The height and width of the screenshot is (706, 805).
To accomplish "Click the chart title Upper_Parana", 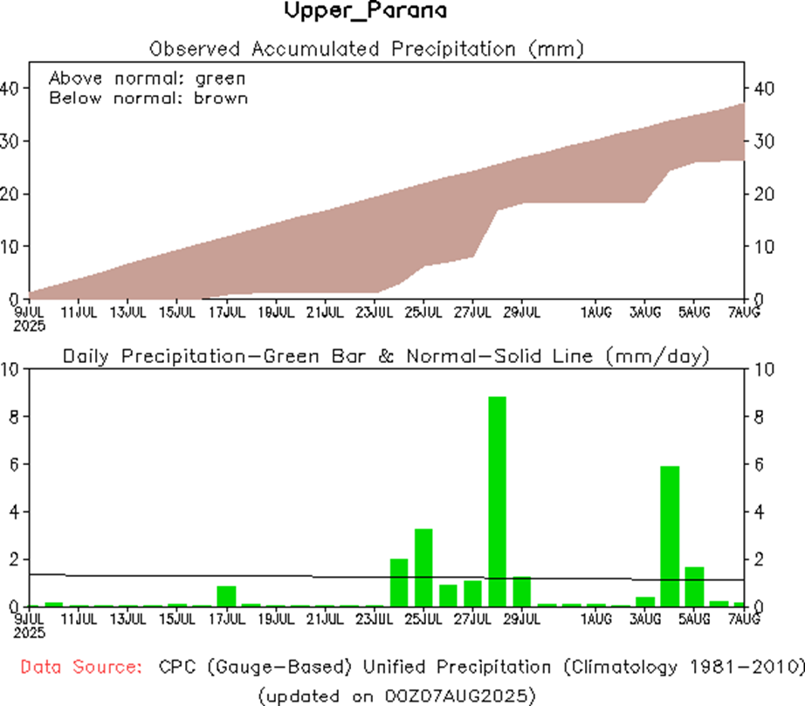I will [x=365, y=12].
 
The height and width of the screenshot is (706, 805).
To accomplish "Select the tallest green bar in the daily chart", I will [x=497, y=501].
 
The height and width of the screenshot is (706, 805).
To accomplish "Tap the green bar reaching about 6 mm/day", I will [x=670, y=536].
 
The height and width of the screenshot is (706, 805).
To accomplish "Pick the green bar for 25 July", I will [x=423, y=567].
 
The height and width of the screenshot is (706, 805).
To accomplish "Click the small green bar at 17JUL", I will [x=226, y=596].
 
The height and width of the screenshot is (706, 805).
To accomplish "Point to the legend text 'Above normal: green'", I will [x=147, y=78].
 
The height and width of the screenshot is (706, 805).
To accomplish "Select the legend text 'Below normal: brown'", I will [x=148, y=98].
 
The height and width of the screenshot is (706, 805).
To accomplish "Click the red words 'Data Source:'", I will [x=81, y=668].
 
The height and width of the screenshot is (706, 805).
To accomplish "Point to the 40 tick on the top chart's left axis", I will [x=10, y=88].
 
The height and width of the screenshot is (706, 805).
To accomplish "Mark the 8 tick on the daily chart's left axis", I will [x=11, y=417].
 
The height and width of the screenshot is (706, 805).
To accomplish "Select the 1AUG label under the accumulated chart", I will [x=596, y=310].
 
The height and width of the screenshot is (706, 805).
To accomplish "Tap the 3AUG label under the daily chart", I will [x=645, y=619].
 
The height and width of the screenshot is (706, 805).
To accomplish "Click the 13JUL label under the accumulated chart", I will [x=127, y=310].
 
